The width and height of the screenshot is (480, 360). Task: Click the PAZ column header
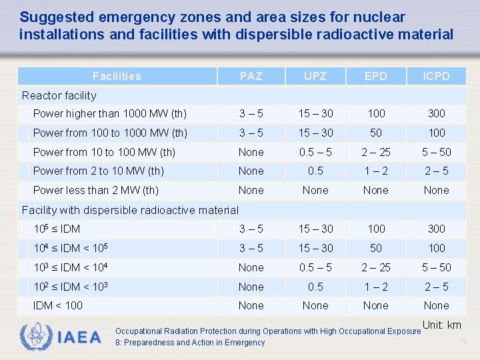[x=251, y=76]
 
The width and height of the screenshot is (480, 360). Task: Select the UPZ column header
[x=315, y=76]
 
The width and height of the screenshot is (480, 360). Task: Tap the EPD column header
[x=375, y=76]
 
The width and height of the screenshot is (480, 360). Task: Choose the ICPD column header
[x=437, y=76]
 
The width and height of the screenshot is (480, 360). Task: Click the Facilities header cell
[x=117, y=76]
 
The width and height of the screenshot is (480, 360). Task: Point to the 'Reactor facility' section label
[x=59, y=95]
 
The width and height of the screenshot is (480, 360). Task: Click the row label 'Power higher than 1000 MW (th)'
[x=109, y=113]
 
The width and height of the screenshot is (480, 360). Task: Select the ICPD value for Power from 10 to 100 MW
[x=437, y=152]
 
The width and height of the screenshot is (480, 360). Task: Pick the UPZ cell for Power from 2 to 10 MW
[x=315, y=171]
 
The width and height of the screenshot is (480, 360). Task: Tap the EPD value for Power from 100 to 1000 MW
[x=375, y=133]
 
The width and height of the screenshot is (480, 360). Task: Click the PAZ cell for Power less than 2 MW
[x=251, y=190]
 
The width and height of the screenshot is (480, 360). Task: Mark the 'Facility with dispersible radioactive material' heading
[x=130, y=210]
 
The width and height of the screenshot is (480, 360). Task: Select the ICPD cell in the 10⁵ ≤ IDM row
[x=437, y=229]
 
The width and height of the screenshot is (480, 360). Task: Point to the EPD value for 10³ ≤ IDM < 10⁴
[x=375, y=267]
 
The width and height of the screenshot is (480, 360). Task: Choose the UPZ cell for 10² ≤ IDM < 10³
[x=315, y=287]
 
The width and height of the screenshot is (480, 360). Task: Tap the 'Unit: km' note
[x=442, y=325]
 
